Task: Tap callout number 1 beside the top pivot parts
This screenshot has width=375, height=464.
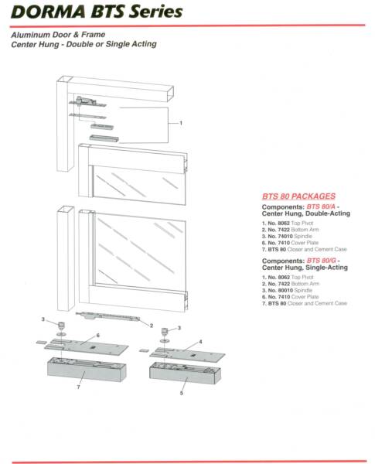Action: (x=180, y=123)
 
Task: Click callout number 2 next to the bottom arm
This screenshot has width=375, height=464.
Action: (x=151, y=325)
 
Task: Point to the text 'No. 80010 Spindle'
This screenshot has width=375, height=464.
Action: (x=283, y=289)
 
